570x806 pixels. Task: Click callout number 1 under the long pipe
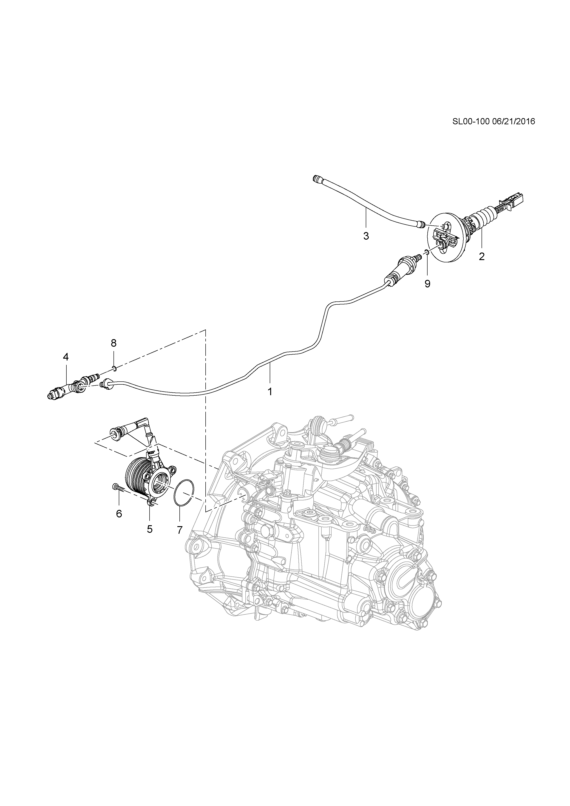pos(270,392)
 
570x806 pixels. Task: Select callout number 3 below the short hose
pos(366,236)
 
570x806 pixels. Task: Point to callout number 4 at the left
pos(66,357)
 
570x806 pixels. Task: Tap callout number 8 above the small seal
pos(113,343)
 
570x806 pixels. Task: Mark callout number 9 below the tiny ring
pos(427,284)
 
